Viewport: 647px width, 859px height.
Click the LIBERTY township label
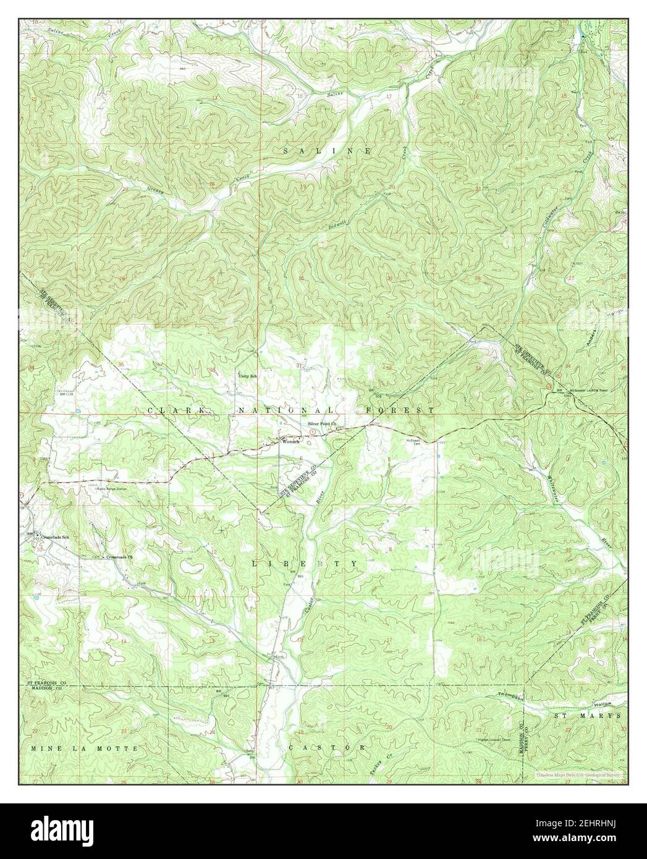pyautogui.click(x=305, y=564)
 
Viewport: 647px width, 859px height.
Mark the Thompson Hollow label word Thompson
pyautogui.click(x=510, y=695)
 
